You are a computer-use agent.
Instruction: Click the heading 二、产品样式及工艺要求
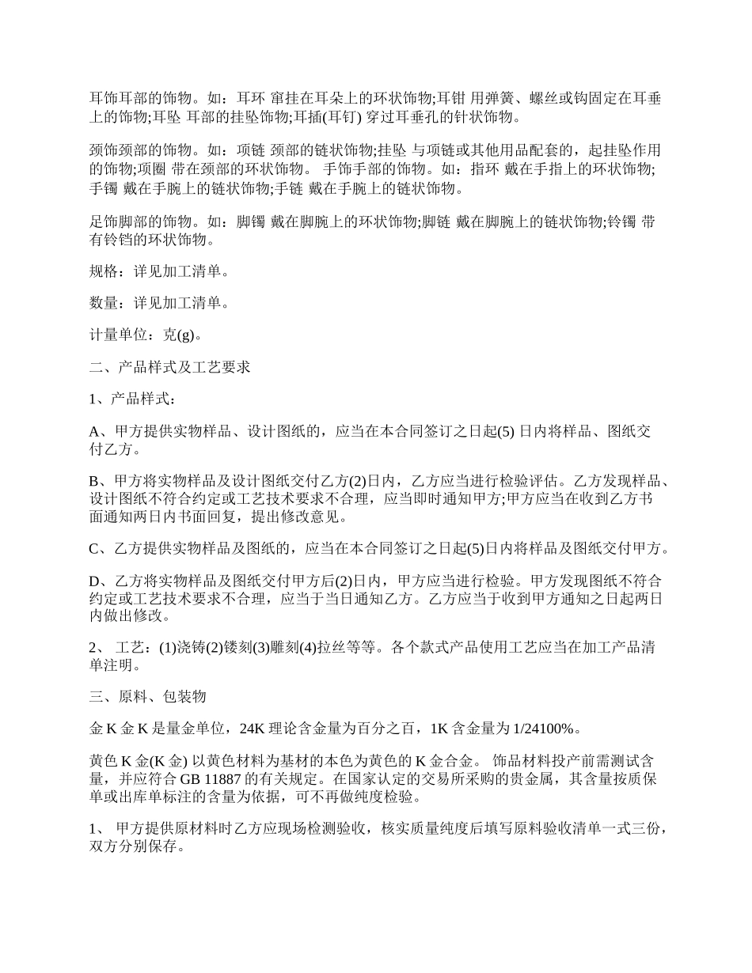click(170, 367)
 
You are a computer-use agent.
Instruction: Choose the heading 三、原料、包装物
click(148, 697)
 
